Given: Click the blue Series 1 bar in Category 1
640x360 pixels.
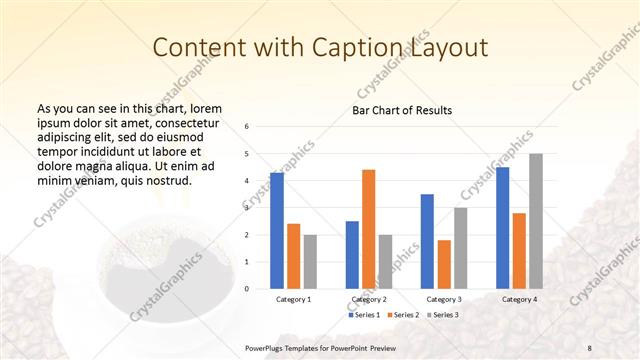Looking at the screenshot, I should pyautogui.click(x=277, y=231).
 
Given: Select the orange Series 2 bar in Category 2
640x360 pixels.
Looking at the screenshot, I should pyautogui.click(x=368, y=229).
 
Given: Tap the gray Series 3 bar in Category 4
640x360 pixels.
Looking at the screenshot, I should pyautogui.click(x=536, y=221).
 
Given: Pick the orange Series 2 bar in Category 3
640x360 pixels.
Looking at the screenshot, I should pyautogui.click(x=444, y=264).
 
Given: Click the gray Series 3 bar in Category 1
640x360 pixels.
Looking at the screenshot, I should pyautogui.click(x=310, y=262).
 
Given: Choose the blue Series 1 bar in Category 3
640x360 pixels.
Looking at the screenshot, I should pyautogui.click(x=427, y=241).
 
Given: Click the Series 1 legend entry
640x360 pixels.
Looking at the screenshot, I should pyautogui.click(x=364, y=315).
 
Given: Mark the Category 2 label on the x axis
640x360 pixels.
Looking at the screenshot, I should pyautogui.click(x=369, y=299).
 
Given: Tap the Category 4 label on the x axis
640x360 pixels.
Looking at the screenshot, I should pyautogui.click(x=519, y=299).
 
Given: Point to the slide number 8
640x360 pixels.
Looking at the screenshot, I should pyautogui.click(x=590, y=347).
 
